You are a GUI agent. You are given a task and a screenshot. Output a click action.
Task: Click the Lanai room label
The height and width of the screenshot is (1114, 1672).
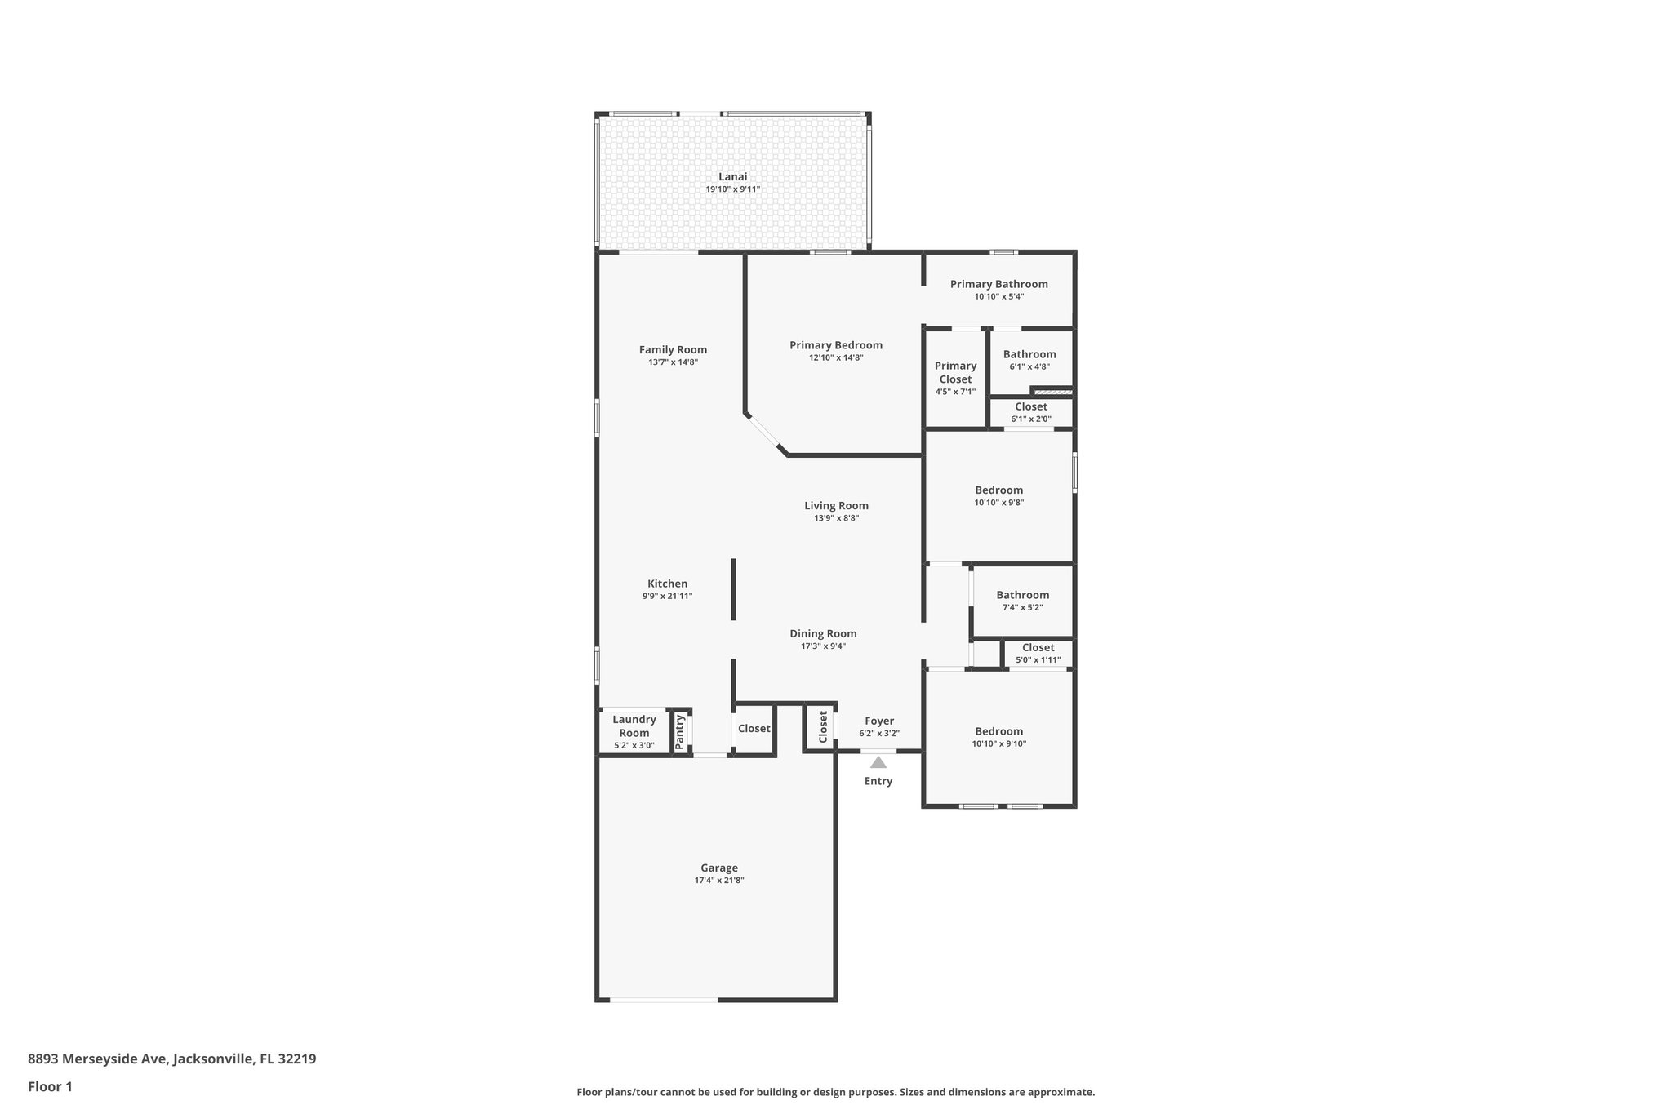coord(732,176)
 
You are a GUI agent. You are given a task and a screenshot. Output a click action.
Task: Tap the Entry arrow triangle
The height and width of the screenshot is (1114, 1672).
coord(878,762)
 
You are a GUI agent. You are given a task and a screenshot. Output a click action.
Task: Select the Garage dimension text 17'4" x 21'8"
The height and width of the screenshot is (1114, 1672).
coord(718,881)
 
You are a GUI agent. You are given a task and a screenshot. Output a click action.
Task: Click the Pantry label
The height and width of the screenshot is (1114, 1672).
coord(679,731)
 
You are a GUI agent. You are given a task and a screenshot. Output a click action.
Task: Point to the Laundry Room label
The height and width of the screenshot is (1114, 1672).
coord(634,726)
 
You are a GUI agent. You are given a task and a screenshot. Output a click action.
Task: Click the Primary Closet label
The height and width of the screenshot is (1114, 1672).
coord(955,372)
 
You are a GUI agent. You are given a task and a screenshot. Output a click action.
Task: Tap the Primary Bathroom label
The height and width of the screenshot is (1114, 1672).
coord(998,284)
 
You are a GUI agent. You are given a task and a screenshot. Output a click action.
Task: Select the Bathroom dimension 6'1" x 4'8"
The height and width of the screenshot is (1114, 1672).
coord(1029,367)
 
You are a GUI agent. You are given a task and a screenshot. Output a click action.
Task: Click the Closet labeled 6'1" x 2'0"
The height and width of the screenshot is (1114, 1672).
coord(1030,406)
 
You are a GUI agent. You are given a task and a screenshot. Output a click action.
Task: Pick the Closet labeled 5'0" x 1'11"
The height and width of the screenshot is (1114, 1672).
coord(1038,647)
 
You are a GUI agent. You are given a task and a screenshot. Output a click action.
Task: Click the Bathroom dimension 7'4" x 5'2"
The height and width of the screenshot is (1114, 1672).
coord(1022,607)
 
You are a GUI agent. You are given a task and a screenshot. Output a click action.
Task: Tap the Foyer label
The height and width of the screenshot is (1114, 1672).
coord(879,721)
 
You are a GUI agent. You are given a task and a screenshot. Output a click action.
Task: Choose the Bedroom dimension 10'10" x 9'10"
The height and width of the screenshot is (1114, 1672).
coord(998,743)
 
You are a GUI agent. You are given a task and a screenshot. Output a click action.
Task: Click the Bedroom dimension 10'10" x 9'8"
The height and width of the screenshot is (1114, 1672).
coord(998,503)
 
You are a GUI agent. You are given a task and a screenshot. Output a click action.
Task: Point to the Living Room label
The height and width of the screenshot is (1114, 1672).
coord(836,505)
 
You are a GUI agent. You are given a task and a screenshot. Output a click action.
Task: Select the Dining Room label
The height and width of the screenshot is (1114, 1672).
coord(823,633)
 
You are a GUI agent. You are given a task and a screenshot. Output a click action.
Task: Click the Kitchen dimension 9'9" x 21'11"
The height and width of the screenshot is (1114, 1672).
coord(667,596)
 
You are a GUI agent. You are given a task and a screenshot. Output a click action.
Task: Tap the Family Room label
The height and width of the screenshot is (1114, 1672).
coord(673,349)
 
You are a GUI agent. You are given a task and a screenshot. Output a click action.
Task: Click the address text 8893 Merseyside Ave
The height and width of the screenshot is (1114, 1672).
coord(98,1059)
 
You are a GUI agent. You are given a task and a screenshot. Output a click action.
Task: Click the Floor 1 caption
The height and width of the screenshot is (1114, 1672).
coord(50,1086)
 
